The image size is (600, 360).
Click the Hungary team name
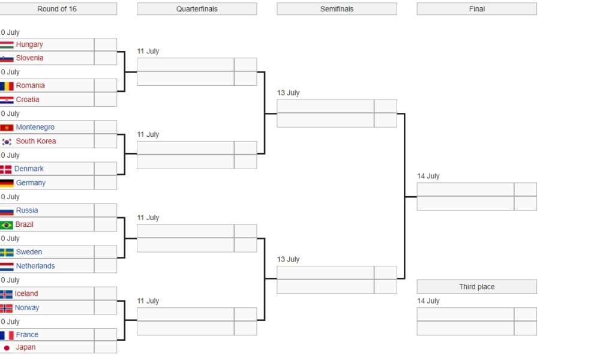(29, 44)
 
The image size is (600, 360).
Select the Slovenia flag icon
(7, 59)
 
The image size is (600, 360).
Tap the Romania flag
(7, 86)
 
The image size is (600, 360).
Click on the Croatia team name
(28, 100)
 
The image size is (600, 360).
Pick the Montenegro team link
(35, 127)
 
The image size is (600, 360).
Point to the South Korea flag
(7, 142)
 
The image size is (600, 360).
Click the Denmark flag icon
(6, 169)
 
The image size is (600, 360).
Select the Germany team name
(31, 183)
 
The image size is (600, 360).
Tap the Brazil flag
(7, 225)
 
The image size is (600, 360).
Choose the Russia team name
(27, 211)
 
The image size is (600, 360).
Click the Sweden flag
(7, 253)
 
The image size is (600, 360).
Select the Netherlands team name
(35, 266)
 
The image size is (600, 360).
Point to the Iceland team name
(26, 293)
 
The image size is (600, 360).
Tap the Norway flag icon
(6, 308)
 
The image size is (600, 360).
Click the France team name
(27, 335)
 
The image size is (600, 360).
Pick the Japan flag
(7, 348)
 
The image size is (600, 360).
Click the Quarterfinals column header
(197, 9)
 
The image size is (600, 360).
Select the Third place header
(477, 287)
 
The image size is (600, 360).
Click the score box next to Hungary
(105, 44)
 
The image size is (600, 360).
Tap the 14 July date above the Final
(428, 176)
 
